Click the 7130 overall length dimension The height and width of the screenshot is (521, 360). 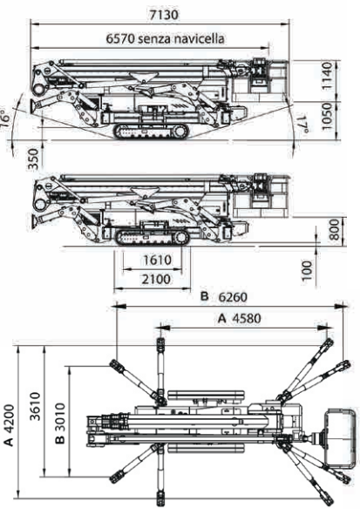coord(164,15)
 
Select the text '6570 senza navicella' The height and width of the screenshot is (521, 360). coord(166,38)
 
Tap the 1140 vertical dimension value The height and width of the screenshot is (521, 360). coord(327,76)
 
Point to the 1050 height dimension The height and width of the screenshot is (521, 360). coord(327,116)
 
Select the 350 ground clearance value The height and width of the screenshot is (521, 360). coord(33,159)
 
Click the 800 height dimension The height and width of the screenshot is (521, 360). coord(335,229)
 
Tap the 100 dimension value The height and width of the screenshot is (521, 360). coord(307,271)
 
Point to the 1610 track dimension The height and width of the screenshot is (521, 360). coord(157,260)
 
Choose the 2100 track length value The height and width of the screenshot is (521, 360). coord(156,279)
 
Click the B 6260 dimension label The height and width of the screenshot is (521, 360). coord(224,296)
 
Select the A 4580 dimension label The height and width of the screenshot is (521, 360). coord(240,318)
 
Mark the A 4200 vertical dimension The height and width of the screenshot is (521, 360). coord(9,425)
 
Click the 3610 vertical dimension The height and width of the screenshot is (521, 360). coord(35,406)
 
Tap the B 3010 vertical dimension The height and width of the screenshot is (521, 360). coord(60,423)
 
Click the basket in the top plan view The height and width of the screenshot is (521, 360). coord(340,438)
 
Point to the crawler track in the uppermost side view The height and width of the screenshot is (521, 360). coord(151,132)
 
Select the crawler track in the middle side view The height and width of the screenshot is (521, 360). coord(153,237)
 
